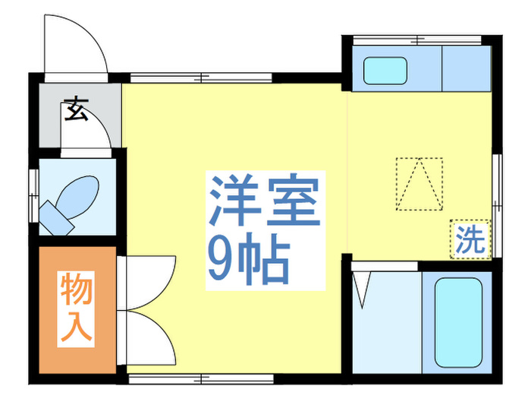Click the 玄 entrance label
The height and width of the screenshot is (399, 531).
[x=75, y=110]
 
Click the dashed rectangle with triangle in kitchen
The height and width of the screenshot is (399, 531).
[x=419, y=183]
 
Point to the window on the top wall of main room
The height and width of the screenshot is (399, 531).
[x=200, y=76]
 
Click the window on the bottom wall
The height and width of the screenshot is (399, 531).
[x=200, y=377]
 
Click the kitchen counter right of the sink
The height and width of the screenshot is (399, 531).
[x=467, y=68]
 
